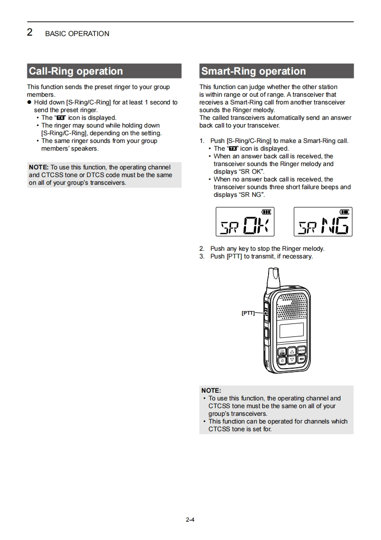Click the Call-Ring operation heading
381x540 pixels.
tap(76, 71)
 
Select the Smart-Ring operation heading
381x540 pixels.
tap(253, 71)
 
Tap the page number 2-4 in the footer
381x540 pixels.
tap(190, 519)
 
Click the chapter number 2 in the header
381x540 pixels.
tap(30, 33)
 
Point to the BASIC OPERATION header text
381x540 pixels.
tap(77, 34)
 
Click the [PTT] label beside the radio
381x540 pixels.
tap(248, 313)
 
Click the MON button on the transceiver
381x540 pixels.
tap(301, 350)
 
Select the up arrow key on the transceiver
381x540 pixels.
tap(292, 351)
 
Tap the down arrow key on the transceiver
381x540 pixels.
tap(292, 360)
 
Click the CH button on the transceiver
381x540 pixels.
tap(283, 351)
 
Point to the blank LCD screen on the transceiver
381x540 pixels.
tap(291, 330)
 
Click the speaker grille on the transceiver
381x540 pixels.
tap(292, 306)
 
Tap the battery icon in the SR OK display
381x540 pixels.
tap(266, 212)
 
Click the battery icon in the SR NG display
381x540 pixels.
tap(344, 212)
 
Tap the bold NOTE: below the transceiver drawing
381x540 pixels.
tap(211, 390)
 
